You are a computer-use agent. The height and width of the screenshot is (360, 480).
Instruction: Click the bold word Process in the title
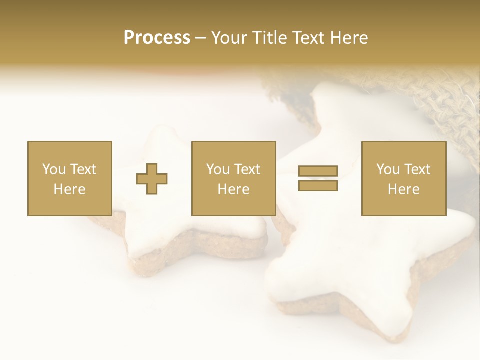[157, 38]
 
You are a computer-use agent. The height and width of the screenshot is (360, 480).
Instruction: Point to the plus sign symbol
[152, 179]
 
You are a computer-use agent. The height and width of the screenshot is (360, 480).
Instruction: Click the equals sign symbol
[318, 178]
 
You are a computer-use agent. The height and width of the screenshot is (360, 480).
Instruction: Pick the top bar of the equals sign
[318, 171]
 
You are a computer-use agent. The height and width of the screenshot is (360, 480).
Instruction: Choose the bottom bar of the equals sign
[318, 185]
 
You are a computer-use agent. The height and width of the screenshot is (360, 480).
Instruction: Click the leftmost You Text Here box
[69, 178]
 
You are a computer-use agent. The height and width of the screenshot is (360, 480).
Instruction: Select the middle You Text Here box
[233, 178]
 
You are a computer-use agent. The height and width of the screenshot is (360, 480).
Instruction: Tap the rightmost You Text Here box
[403, 178]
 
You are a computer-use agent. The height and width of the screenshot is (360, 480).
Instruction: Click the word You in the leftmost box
[53, 169]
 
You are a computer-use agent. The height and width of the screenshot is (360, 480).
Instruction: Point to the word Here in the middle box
[233, 189]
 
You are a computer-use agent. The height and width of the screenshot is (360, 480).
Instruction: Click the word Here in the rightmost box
[403, 189]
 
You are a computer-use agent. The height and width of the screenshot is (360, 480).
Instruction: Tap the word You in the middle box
[217, 169]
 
